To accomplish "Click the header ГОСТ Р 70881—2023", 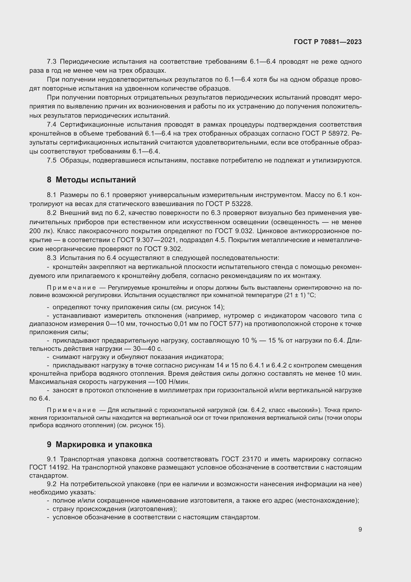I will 328,42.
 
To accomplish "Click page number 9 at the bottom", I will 360,529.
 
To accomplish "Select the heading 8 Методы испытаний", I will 91,180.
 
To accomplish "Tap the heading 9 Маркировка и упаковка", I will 99,444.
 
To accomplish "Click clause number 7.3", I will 52,62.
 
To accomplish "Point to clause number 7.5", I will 52,160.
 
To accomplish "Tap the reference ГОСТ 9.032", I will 234,231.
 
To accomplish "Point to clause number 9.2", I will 52,484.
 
